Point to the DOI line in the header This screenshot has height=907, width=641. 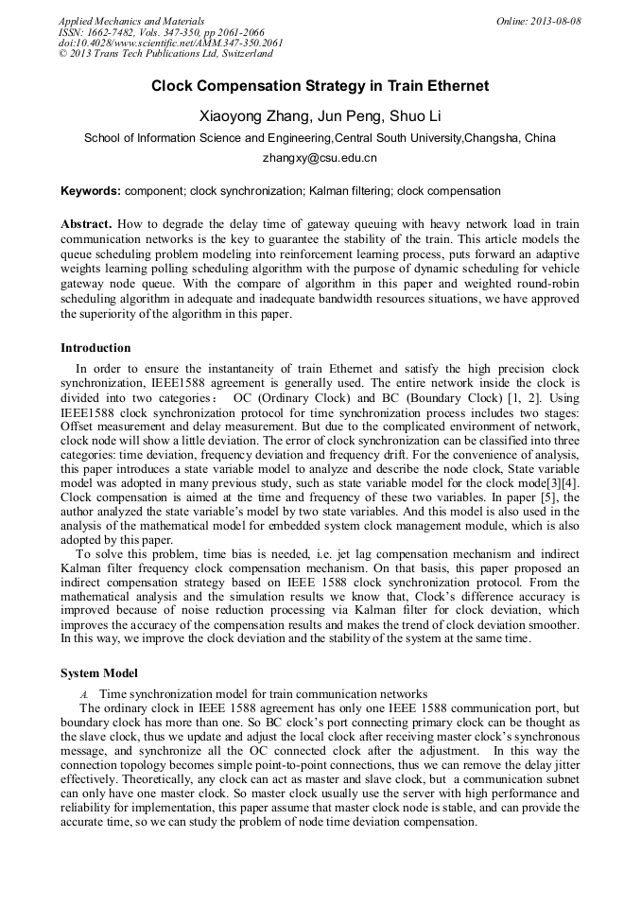click(x=170, y=44)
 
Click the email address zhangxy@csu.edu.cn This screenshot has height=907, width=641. click(x=320, y=158)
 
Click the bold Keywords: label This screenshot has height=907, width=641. click(x=91, y=191)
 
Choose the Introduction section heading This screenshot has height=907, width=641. click(x=95, y=348)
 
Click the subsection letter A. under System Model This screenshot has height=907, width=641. click(x=84, y=693)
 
